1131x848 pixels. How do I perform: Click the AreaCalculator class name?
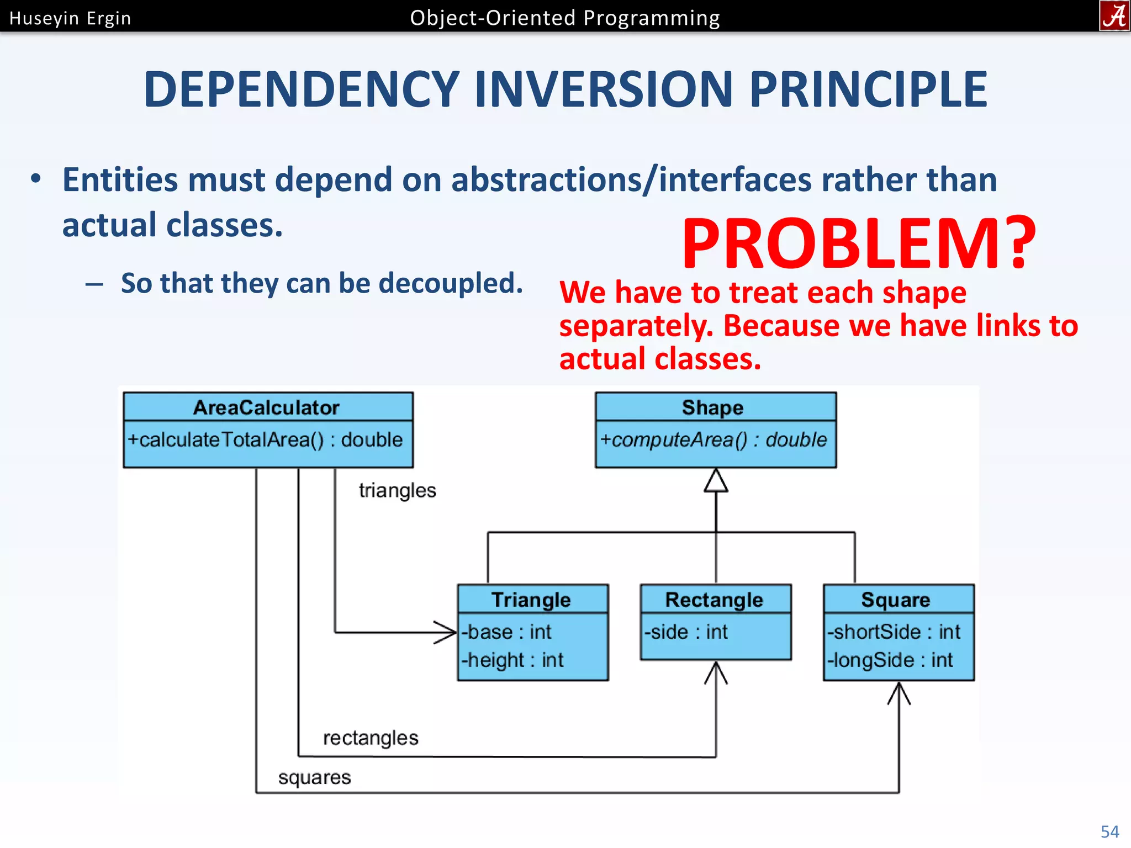(266, 407)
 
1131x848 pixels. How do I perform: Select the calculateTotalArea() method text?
(265, 439)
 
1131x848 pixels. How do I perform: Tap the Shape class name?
(712, 407)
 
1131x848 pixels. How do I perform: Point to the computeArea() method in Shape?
(714, 439)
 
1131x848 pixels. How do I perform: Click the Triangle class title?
(531, 600)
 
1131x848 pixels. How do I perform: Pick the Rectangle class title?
(714, 600)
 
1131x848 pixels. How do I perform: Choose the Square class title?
(896, 600)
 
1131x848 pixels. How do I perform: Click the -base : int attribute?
(506, 632)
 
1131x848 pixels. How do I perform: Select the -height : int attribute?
(512, 660)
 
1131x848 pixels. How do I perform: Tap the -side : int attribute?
(686, 632)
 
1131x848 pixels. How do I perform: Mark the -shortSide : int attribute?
(894, 632)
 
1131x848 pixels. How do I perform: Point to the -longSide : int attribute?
(890, 660)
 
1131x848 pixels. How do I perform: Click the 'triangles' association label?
(397, 490)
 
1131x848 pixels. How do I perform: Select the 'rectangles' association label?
(371, 738)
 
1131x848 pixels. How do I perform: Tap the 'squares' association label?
(314, 777)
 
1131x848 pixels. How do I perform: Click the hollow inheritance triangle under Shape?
(716, 481)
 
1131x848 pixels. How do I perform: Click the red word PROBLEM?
(859, 243)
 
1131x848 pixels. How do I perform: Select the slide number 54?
(1109, 831)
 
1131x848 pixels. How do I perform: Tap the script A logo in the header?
(1114, 15)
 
